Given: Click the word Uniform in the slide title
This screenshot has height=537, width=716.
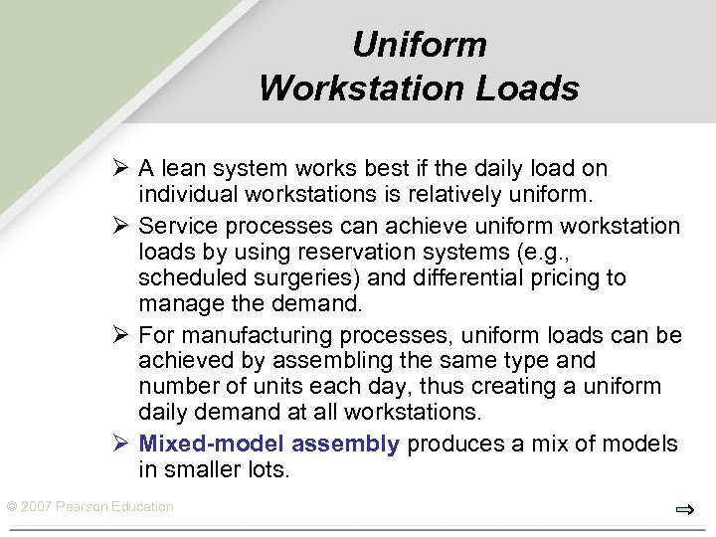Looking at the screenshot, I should tap(420, 45).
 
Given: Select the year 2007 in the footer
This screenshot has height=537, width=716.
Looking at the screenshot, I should tap(37, 507).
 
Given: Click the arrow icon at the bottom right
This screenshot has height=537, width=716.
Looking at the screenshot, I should tap(684, 510).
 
